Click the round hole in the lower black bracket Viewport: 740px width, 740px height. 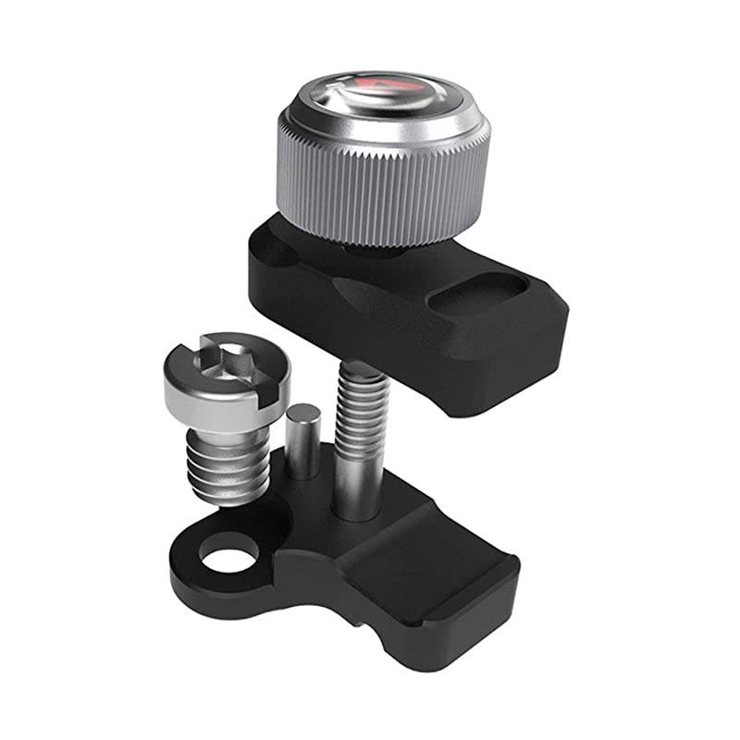228,557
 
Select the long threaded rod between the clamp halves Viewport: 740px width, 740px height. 364,407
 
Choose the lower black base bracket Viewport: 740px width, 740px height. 370,573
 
